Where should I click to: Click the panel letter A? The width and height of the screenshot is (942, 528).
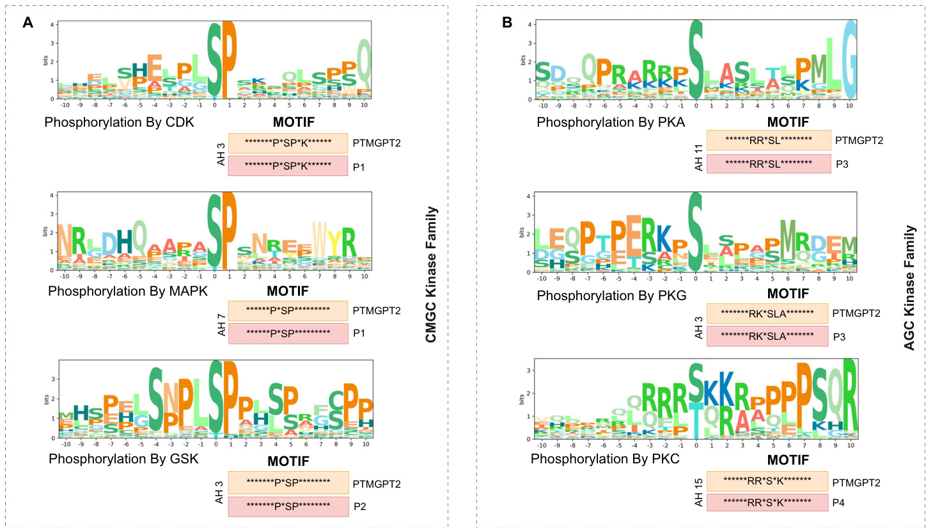coord(27,23)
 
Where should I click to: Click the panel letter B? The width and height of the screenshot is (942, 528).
coord(507,23)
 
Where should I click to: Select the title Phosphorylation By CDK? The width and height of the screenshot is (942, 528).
coord(119,122)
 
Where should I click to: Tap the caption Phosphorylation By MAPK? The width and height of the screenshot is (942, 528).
coord(128,291)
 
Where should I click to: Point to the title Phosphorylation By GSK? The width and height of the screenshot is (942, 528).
coord(123,459)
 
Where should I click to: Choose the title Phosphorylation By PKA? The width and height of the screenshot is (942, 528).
coord(611,122)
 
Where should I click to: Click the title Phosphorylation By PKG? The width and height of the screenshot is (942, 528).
coord(611,296)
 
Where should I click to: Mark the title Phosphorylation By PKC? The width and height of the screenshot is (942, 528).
coord(605,459)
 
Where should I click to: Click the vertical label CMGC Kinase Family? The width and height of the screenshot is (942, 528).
coord(431,274)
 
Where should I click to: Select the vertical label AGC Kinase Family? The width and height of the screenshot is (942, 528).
coord(909,287)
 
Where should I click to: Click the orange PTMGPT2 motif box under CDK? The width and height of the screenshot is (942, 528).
coord(288,143)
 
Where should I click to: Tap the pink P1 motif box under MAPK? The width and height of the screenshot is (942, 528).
coord(288,333)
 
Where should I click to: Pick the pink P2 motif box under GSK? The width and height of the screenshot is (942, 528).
coord(288,506)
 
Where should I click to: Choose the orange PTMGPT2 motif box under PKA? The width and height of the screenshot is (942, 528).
coord(768,140)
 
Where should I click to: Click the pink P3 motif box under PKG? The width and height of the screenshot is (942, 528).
coord(767,336)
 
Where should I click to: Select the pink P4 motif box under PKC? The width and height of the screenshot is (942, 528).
coord(767,502)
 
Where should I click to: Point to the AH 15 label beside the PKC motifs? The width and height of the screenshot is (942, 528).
coord(698,492)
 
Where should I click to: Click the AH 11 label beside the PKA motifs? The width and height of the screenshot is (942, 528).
coord(698,157)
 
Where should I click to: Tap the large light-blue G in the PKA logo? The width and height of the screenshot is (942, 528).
coord(849,59)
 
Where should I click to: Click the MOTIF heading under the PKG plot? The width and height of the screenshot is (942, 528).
coord(788,294)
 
